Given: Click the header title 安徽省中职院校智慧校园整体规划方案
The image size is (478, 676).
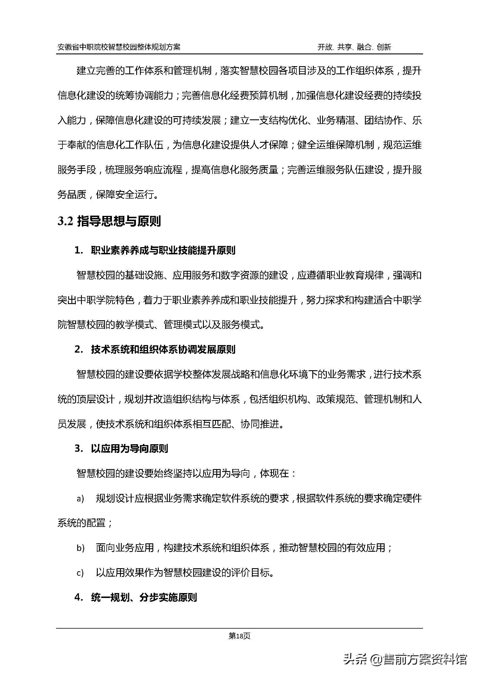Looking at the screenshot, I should pos(119,47).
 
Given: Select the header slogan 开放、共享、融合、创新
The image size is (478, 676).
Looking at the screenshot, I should pos(354,47).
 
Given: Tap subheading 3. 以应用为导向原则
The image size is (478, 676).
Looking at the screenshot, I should pos(121,449).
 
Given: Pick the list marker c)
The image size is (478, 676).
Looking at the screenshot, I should pos(80,573).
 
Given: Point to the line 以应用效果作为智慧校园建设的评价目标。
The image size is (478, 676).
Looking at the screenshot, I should pos(185,573).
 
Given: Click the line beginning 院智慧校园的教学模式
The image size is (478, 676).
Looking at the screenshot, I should pos(161,325).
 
